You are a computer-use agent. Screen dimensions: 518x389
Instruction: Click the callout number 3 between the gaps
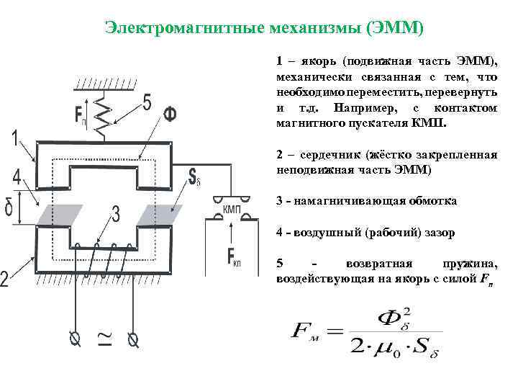116,215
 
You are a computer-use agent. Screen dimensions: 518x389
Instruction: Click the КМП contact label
232,208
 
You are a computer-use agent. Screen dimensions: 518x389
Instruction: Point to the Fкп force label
235,257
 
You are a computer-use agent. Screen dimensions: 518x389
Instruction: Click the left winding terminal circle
73,338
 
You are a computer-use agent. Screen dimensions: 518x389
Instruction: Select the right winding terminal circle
132,338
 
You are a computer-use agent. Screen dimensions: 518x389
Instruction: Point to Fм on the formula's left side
306,333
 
